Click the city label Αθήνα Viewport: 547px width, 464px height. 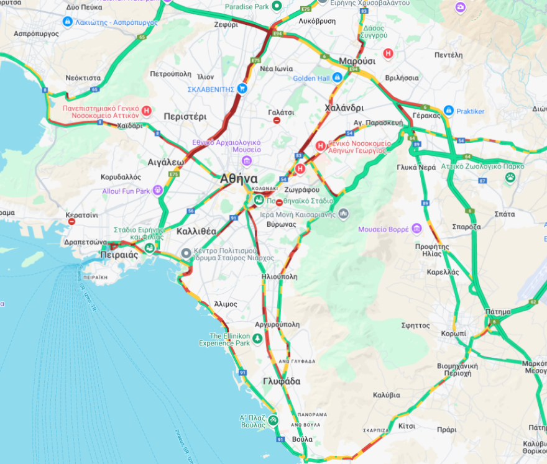[239, 179]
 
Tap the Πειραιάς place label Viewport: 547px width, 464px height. [119, 255]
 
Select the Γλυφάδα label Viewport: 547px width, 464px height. [282, 381]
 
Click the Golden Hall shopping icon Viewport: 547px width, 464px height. [337, 78]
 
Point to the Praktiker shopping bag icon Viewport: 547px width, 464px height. [448, 111]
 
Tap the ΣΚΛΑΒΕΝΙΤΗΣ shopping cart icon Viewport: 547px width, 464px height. [242, 89]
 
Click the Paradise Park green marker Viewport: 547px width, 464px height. [278, 6]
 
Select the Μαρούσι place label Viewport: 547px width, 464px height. [357, 61]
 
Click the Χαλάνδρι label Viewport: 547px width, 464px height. [344, 107]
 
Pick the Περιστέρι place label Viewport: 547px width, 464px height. [185, 116]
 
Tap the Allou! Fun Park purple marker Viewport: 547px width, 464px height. [158, 190]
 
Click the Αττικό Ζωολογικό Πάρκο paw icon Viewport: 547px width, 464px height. [510, 178]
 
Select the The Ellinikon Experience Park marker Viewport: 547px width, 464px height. [257, 337]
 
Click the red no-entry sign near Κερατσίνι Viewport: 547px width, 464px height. [72, 221]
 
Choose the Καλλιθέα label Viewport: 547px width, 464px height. [196, 231]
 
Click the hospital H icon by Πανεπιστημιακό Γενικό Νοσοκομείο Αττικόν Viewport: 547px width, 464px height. [147, 111]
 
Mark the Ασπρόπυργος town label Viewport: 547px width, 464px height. [35, 34]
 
